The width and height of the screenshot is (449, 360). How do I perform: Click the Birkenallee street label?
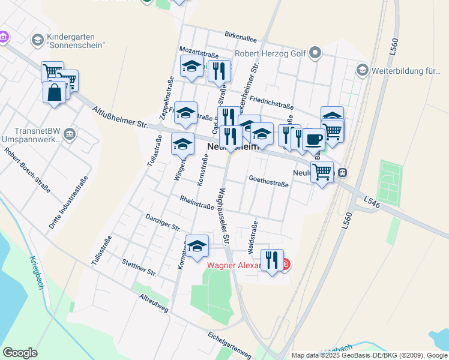click(x=240, y=37)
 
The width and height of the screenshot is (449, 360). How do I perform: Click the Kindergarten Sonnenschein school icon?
click(x=37, y=40)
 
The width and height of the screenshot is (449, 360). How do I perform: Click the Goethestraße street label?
click(x=268, y=182)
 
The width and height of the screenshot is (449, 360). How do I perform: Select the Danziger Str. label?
click(x=163, y=222)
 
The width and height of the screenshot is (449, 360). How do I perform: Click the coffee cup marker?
click(x=313, y=139)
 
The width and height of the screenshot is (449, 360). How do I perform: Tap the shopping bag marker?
click(x=54, y=93)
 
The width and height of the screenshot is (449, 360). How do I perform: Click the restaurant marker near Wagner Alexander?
click(x=272, y=261)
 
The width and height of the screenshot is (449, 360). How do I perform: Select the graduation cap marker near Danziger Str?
click(x=197, y=247)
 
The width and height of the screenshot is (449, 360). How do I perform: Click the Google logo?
click(x=20, y=353)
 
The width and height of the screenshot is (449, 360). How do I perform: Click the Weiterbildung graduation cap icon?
click(x=361, y=71)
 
